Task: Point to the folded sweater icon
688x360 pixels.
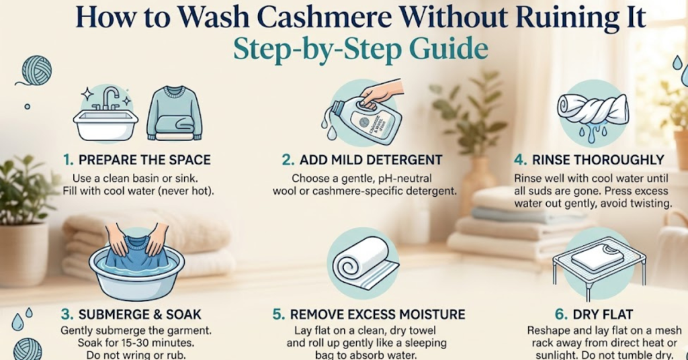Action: click(174, 113)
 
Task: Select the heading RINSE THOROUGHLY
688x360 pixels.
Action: click(595, 161)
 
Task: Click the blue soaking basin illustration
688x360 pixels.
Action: click(136, 263)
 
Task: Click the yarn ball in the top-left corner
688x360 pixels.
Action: click(36, 69)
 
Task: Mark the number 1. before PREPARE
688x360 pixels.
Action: click(68, 161)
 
